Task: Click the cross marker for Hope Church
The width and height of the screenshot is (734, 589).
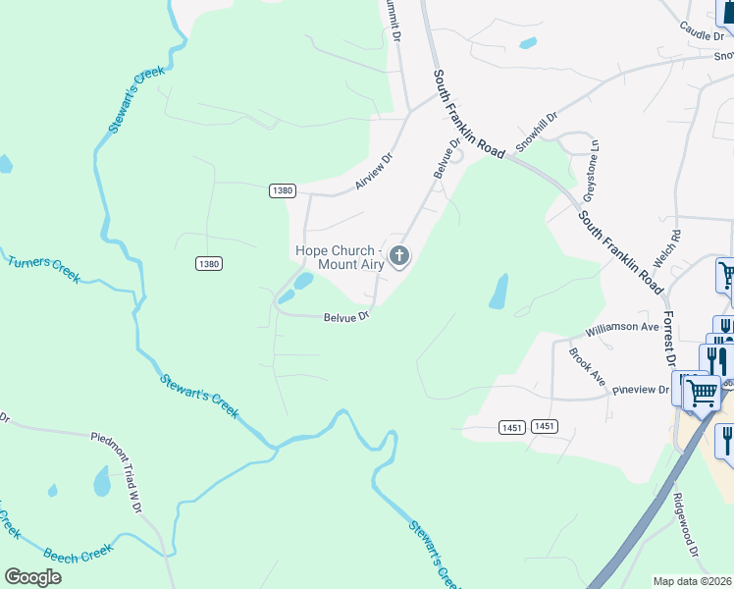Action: (398, 257)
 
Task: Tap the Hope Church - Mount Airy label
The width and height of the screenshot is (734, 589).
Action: (339, 257)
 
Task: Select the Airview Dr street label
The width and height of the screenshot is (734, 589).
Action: (373, 171)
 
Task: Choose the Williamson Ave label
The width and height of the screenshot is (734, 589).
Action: (621, 327)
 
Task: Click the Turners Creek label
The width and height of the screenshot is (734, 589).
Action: (43, 268)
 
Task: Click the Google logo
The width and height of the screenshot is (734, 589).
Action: (32, 576)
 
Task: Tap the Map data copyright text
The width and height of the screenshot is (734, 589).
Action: (693, 581)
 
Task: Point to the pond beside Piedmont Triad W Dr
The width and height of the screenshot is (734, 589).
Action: (101, 480)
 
